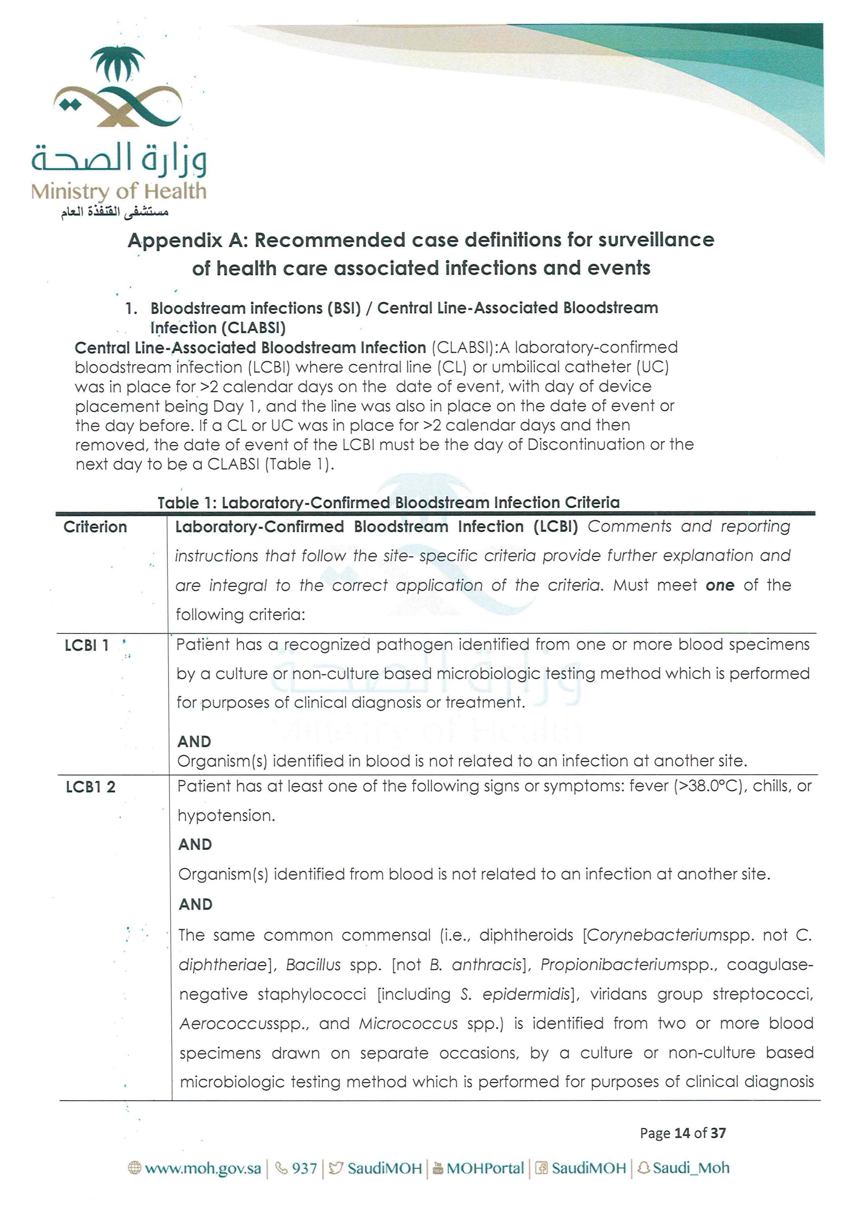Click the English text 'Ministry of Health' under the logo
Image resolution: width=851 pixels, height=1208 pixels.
[118, 191]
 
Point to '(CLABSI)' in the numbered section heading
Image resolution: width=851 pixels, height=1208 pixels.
[254, 328]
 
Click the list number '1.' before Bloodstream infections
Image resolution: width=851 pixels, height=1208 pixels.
[132, 308]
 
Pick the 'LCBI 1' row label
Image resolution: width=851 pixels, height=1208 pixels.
[87, 645]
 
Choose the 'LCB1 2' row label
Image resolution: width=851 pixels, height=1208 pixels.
[90, 787]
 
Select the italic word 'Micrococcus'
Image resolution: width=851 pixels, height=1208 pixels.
[408, 1024]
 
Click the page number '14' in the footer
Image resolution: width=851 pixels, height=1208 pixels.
[682, 1133]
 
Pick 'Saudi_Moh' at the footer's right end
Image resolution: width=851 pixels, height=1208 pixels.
[691, 1168]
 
